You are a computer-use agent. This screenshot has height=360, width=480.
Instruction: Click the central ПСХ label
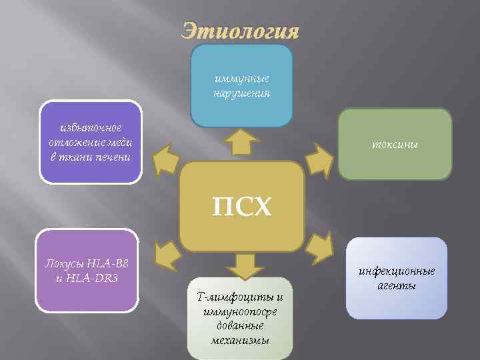[242, 207]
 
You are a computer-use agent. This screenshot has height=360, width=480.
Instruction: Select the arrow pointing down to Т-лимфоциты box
[245, 265]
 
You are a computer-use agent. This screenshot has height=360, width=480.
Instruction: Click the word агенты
[396, 285]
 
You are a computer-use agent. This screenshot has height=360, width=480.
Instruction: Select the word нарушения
[241, 93]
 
